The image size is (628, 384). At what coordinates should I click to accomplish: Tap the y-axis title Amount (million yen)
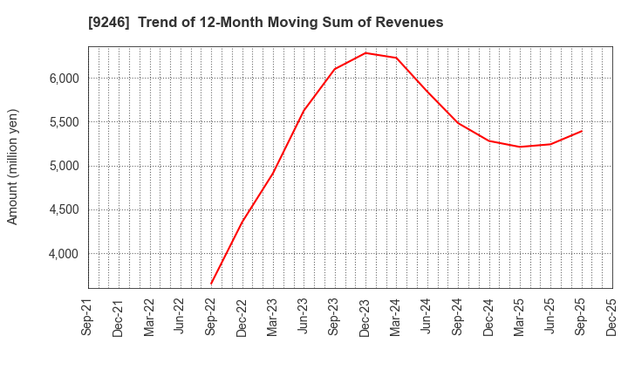coord(13,167)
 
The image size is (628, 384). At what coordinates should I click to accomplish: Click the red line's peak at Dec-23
coord(365,52)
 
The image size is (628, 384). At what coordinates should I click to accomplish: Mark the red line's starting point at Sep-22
coord(211,284)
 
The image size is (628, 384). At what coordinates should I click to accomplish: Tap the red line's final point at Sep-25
coord(581,132)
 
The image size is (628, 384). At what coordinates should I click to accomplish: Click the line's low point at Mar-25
coord(520,147)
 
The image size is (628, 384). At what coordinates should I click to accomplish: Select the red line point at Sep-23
coord(335,69)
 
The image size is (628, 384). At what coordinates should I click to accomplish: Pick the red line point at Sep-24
coord(458,122)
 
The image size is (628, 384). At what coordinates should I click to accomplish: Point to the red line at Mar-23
coord(273,172)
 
